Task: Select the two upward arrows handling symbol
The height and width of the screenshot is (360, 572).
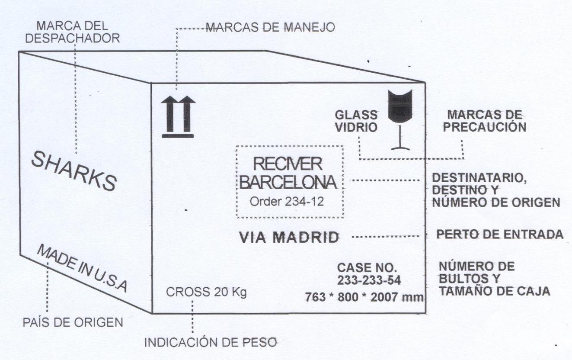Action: pyautogui.click(x=178, y=116)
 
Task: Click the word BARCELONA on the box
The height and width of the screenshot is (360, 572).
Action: pyautogui.click(x=288, y=182)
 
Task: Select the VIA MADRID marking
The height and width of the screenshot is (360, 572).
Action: pyautogui.click(x=289, y=237)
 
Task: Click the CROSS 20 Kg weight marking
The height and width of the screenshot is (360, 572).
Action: pyautogui.click(x=207, y=292)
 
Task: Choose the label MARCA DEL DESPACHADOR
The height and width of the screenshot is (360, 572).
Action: pyautogui.click(x=73, y=32)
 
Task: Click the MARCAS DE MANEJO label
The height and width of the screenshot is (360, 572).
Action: pyautogui.click(x=270, y=28)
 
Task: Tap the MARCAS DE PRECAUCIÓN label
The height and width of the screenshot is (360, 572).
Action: pyautogui.click(x=486, y=121)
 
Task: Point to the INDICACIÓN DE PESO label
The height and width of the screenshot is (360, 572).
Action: pyautogui.click(x=210, y=343)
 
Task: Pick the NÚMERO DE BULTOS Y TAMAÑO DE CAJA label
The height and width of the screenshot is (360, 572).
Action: pyautogui.click(x=494, y=278)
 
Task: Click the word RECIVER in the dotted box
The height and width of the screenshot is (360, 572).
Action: pyautogui.click(x=288, y=164)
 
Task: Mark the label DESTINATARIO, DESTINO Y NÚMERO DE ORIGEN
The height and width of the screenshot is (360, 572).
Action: pyautogui.click(x=496, y=190)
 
